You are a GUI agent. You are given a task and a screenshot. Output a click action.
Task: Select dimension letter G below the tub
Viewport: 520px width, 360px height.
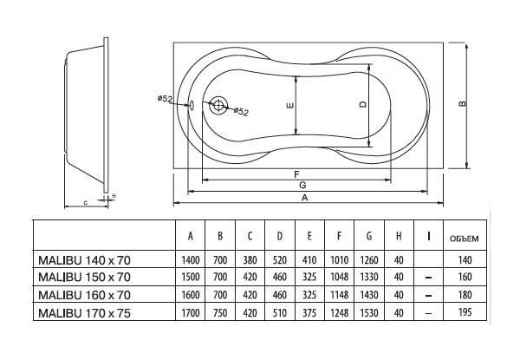coord(300,185)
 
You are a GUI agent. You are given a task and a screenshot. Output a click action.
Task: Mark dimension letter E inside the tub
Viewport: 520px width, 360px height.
coord(290,107)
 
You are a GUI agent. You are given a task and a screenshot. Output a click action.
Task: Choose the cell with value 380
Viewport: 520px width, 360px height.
coord(250,259)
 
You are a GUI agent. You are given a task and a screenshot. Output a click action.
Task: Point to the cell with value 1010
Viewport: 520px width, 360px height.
coord(339,259)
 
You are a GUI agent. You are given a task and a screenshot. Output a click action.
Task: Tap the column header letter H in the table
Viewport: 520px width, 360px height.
coord(398,236)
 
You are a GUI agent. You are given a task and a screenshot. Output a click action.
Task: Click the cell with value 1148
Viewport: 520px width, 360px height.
coord(339,293)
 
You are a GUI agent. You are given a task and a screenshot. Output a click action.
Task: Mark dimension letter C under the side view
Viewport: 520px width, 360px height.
coord(85,202)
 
